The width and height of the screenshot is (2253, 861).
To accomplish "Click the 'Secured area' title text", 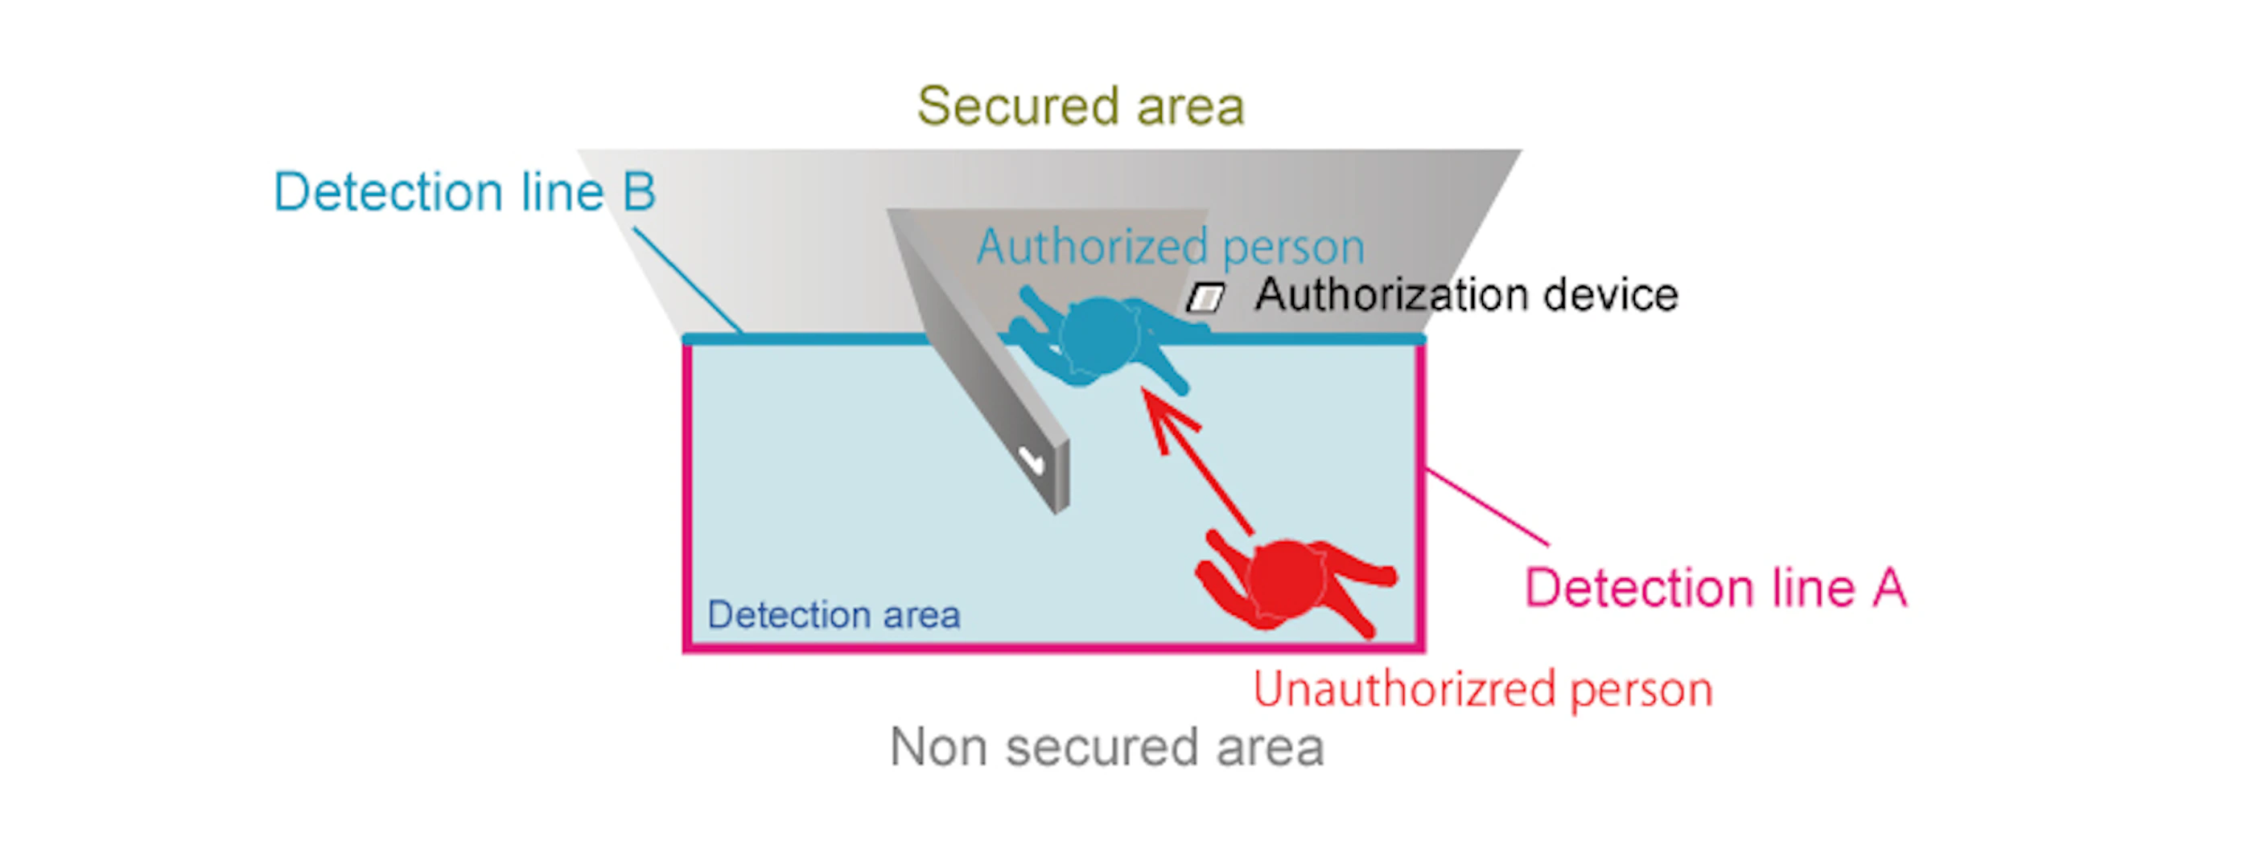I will [1080, 107].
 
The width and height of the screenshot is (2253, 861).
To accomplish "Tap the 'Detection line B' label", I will [463, 191].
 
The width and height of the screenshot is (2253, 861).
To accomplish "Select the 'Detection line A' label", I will [1714, 588].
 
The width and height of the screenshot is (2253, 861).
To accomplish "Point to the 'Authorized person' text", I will [1170, 247].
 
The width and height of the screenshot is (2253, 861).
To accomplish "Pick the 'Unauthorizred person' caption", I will [1482, 689].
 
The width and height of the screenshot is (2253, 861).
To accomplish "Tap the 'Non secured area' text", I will [1106, 748].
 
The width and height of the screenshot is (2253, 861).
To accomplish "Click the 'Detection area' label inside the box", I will [834, 614].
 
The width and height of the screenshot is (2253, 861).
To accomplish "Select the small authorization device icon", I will [1205, 298].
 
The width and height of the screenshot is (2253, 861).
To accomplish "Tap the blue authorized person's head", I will [1099, 334].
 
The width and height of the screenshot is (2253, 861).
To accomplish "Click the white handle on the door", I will [1032, 459].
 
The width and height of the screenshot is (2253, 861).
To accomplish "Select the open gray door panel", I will [979, 367].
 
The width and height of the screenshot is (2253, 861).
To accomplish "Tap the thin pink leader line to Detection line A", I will [1487, 508].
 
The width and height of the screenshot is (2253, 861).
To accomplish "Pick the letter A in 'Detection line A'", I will [1889, 588].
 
